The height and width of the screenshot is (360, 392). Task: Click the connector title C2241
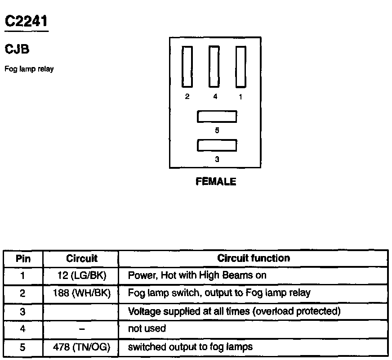26,21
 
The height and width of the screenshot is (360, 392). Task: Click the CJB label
17,49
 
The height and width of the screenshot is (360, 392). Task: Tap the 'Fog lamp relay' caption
29,69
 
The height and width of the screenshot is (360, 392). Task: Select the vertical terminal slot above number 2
187,67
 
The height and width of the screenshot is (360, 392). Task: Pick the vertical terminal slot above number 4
214,67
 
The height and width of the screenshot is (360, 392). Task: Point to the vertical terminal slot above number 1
241,67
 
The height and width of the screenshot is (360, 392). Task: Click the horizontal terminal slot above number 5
217,117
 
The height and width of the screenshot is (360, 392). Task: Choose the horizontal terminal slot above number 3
217,146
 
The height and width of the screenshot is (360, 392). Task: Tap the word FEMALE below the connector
216,182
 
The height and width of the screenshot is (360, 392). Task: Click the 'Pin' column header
23,259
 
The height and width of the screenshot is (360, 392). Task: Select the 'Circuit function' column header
254,258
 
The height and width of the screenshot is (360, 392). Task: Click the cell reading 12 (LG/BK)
81,275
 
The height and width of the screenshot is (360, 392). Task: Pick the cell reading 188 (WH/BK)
81,293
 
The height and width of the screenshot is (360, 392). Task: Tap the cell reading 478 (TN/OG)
81,347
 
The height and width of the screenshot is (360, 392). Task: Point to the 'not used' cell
147,328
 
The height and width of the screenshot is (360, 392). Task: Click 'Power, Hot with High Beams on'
197,275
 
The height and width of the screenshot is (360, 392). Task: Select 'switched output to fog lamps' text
190,347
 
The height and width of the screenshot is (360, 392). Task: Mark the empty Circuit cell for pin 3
81,311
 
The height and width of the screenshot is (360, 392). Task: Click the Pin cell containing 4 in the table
23,329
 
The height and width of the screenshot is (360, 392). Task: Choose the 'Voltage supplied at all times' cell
234,311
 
